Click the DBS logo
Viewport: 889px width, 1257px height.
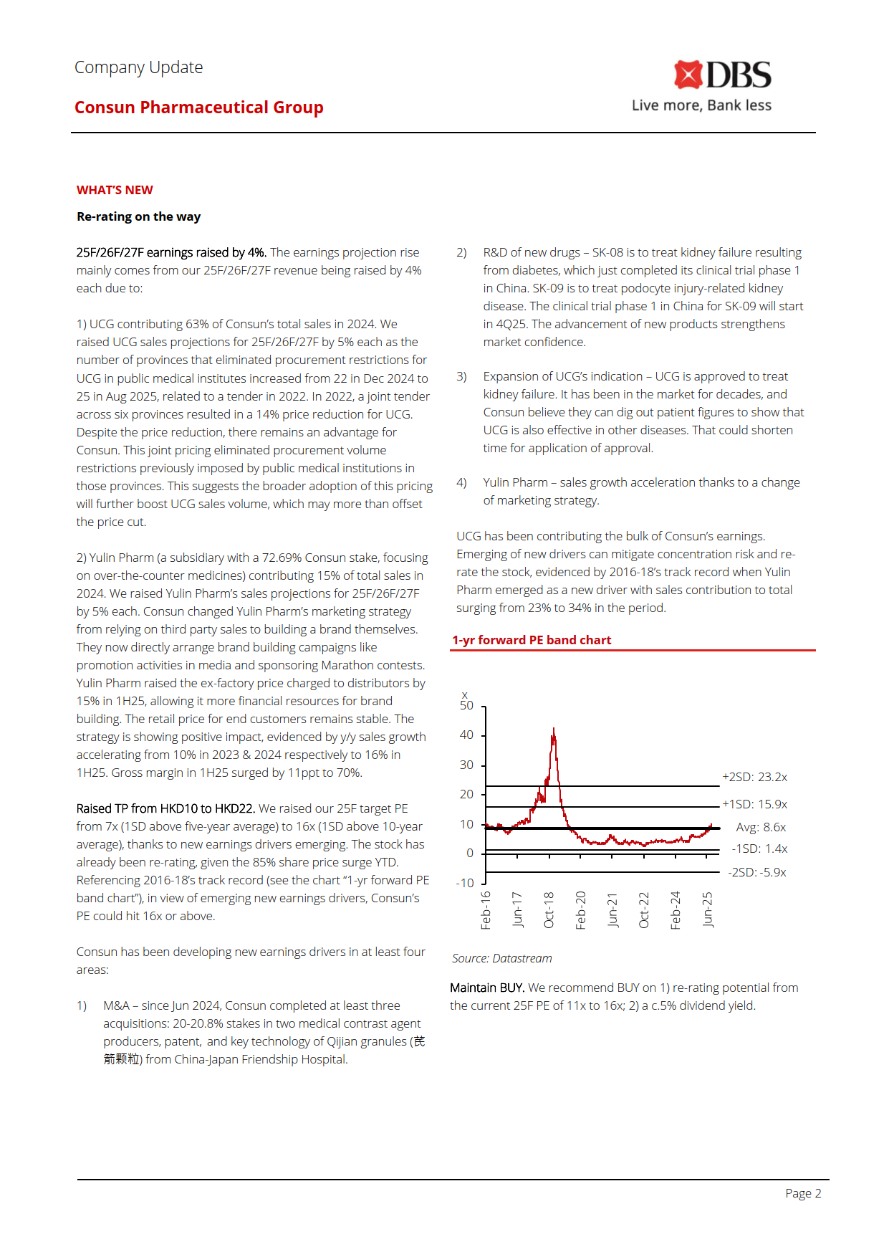click(722, 75)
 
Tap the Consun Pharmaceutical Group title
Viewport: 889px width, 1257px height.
click(198, 107)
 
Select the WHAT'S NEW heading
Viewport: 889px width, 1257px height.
click(115, 190)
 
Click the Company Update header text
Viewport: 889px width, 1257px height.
click(138, 67)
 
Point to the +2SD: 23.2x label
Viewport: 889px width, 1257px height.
click(754, 777)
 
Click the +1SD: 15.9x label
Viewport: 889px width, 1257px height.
click(754, 804)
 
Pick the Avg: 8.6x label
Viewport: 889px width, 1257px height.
click(761, 827)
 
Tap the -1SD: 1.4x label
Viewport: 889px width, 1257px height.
click(759, 849)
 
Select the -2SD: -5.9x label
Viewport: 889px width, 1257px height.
click(757, 872)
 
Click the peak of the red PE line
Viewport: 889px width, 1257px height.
click(553, 730)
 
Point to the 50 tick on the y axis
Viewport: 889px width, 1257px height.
click(466, 706)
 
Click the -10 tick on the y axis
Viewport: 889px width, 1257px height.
click(465, 883)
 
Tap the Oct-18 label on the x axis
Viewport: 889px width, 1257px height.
click(549, 910)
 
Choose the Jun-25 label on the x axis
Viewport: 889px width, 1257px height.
click(707, 910)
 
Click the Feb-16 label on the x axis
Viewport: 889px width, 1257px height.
click(486, 910)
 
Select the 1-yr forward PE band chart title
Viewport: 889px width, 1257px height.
click(532, 640)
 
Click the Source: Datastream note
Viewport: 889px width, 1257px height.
click(501, 958)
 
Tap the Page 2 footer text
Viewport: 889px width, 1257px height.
click(803, 1193)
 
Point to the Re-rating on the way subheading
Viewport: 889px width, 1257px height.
click(138, 216)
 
